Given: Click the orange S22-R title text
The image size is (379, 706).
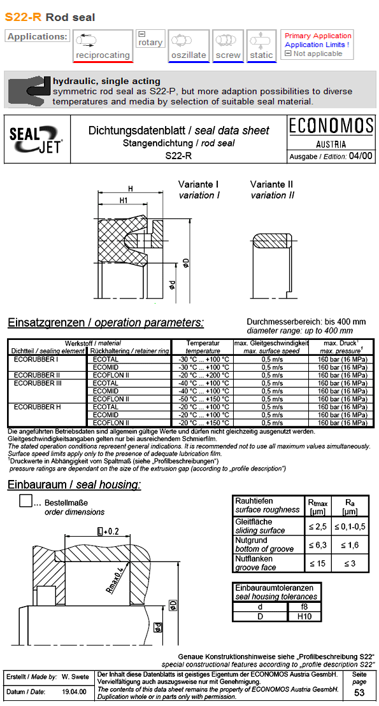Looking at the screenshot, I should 23,17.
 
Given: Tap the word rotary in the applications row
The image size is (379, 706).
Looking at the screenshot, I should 150,43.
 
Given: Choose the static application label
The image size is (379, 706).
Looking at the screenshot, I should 261,55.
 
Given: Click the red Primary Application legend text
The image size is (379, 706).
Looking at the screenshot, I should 318,36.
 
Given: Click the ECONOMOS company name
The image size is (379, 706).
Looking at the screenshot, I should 331,126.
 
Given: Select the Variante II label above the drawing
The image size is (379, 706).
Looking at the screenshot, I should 271,185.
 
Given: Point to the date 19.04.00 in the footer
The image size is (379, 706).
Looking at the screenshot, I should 74,691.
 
